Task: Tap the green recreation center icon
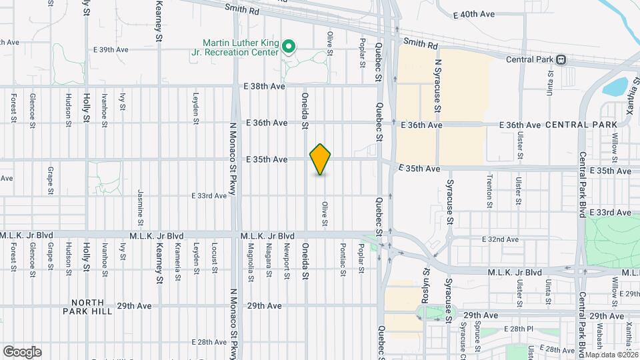[x=289, y=47]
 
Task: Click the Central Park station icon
[x=561, y=59]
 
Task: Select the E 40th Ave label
[x=475, y=13]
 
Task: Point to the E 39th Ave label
[x=111, y=49]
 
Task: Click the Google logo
[x=22, y=351]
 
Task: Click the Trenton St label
[x=489, y=188]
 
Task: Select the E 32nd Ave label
[x=501, y=239]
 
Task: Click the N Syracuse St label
[x=438, y=87]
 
